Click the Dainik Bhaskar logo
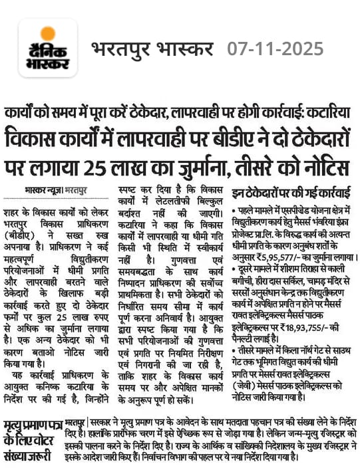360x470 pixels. pos(48,49)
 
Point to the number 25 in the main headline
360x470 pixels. pos(102,164)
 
